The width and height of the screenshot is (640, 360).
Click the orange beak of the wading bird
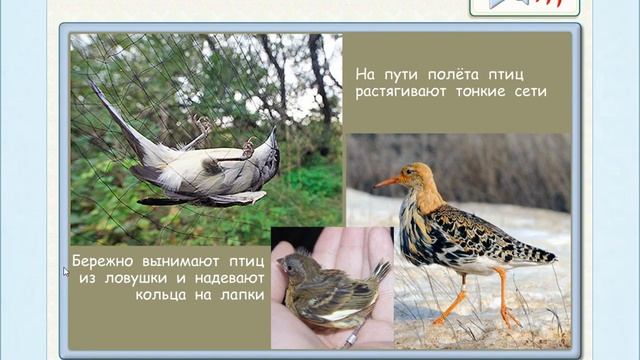click(387, 182)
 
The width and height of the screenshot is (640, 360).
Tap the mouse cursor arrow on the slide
click(66, 271)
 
